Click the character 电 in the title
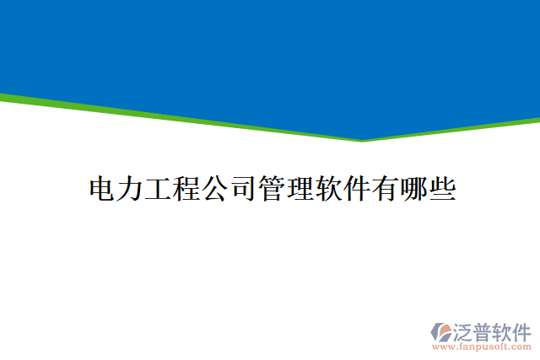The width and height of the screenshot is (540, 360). pyautogui.click(x=103, y=188)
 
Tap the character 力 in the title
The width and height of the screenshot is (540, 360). pyautogui.click(x=131, y=188)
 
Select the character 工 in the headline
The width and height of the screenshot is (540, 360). pyautogui.click(x=159, y=188)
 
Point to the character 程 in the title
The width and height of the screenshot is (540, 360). pyautogui.click(x=187, y=188)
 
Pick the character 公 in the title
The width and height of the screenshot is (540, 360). pyautogui.click(x=216, y=188)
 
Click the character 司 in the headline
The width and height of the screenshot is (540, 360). pyautogui.click(x=244, y=188)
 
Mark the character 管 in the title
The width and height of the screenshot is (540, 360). pyautogui.click(x=273, y=188)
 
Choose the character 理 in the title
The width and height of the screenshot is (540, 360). pyautogui.click(x=300, y=188)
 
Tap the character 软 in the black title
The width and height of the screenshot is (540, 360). pyautogui.click(x=329, y=188)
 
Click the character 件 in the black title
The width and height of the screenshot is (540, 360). pyautogui.click(x=357, y=188)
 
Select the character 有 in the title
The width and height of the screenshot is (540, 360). pyautogui.click(x=386, y=188)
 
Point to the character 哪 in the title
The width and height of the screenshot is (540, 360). pyautogui.click(x=413, y=188)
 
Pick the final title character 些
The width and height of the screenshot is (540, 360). pyautogui.click(x=442, y=188)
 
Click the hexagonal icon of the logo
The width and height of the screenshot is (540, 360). pyautogui.click(x=441, y=331)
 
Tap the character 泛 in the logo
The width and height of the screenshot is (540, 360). pyautogui.click(x=463, y=330)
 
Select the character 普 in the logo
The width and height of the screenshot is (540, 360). pyautogui.click(x=483, y=330)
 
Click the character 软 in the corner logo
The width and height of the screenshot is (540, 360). pyautogui.click(x=504, y=330)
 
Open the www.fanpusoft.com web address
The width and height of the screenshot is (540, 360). pyautogui.click(x=481, y=347)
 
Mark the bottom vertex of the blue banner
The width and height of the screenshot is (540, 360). pyautogui.click(x=363, y=140)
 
